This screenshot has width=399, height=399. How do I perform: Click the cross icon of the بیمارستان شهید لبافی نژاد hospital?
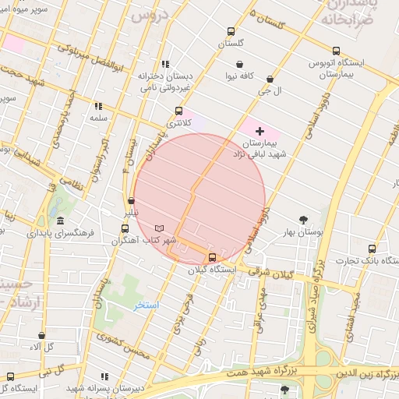click(260, 131)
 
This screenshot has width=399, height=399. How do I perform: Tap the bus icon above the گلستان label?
click(230, 32)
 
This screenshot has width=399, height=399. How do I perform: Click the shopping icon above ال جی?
click(270, 79)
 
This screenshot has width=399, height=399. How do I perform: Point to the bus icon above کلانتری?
click(179, 111)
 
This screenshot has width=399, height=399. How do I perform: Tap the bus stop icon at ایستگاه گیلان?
click(213, 257)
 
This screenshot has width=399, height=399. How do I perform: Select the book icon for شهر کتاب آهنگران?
click(160, 228)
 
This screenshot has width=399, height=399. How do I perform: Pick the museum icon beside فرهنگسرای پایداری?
click(61, 221)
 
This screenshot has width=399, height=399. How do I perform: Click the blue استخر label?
click(146, 305)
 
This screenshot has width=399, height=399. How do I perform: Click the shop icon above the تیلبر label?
click(131, 201)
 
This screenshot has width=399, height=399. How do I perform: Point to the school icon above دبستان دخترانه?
click(164, 65)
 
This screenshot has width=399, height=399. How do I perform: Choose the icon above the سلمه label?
click(98, 106)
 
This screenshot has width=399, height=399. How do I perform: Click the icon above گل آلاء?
click(41, 336)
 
